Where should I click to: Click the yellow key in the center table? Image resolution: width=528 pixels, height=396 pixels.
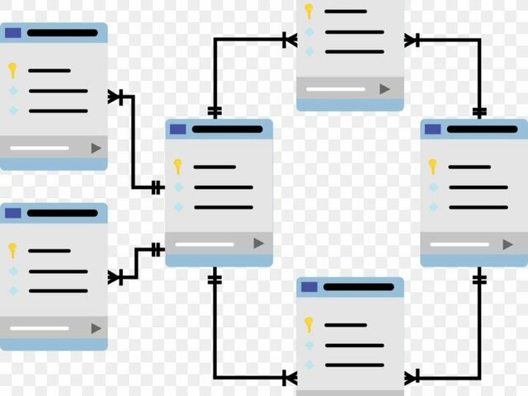click(177, 167)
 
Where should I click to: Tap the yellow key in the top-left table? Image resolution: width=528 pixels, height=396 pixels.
click(12, 70)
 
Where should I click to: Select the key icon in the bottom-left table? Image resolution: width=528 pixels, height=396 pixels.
click(12, 250)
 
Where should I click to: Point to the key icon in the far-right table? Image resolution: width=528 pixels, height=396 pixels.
click(432, 167)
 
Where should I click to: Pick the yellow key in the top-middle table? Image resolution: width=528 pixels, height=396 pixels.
click(309, 11)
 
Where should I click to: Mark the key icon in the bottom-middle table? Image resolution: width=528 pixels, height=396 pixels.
click(309, 324)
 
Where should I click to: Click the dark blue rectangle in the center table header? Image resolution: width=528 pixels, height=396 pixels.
click(177, 129)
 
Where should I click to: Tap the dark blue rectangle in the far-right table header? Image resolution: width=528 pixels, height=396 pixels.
click(432, 129)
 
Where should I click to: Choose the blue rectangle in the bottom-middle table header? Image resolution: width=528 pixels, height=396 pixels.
click(309, 287)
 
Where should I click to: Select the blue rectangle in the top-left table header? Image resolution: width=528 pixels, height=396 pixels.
click(12, 33)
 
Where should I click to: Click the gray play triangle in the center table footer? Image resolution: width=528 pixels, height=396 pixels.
click(258, 243)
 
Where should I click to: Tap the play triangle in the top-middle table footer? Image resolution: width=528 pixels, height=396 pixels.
click(384, 88)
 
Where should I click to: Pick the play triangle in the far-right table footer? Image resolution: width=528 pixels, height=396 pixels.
click(507, 244)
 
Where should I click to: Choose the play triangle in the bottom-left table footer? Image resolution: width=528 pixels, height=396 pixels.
click(96, 328)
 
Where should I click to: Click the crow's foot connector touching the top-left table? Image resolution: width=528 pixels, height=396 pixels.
click(115, 97)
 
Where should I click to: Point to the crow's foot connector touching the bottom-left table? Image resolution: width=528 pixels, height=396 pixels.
click(116, 276)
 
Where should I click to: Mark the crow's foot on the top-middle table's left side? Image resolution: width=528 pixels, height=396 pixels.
click(289, 39)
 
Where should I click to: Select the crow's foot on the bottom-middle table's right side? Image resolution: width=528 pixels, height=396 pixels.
click(412, 377)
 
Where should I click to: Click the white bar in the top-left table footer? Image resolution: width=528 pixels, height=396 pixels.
click(39, 148)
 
